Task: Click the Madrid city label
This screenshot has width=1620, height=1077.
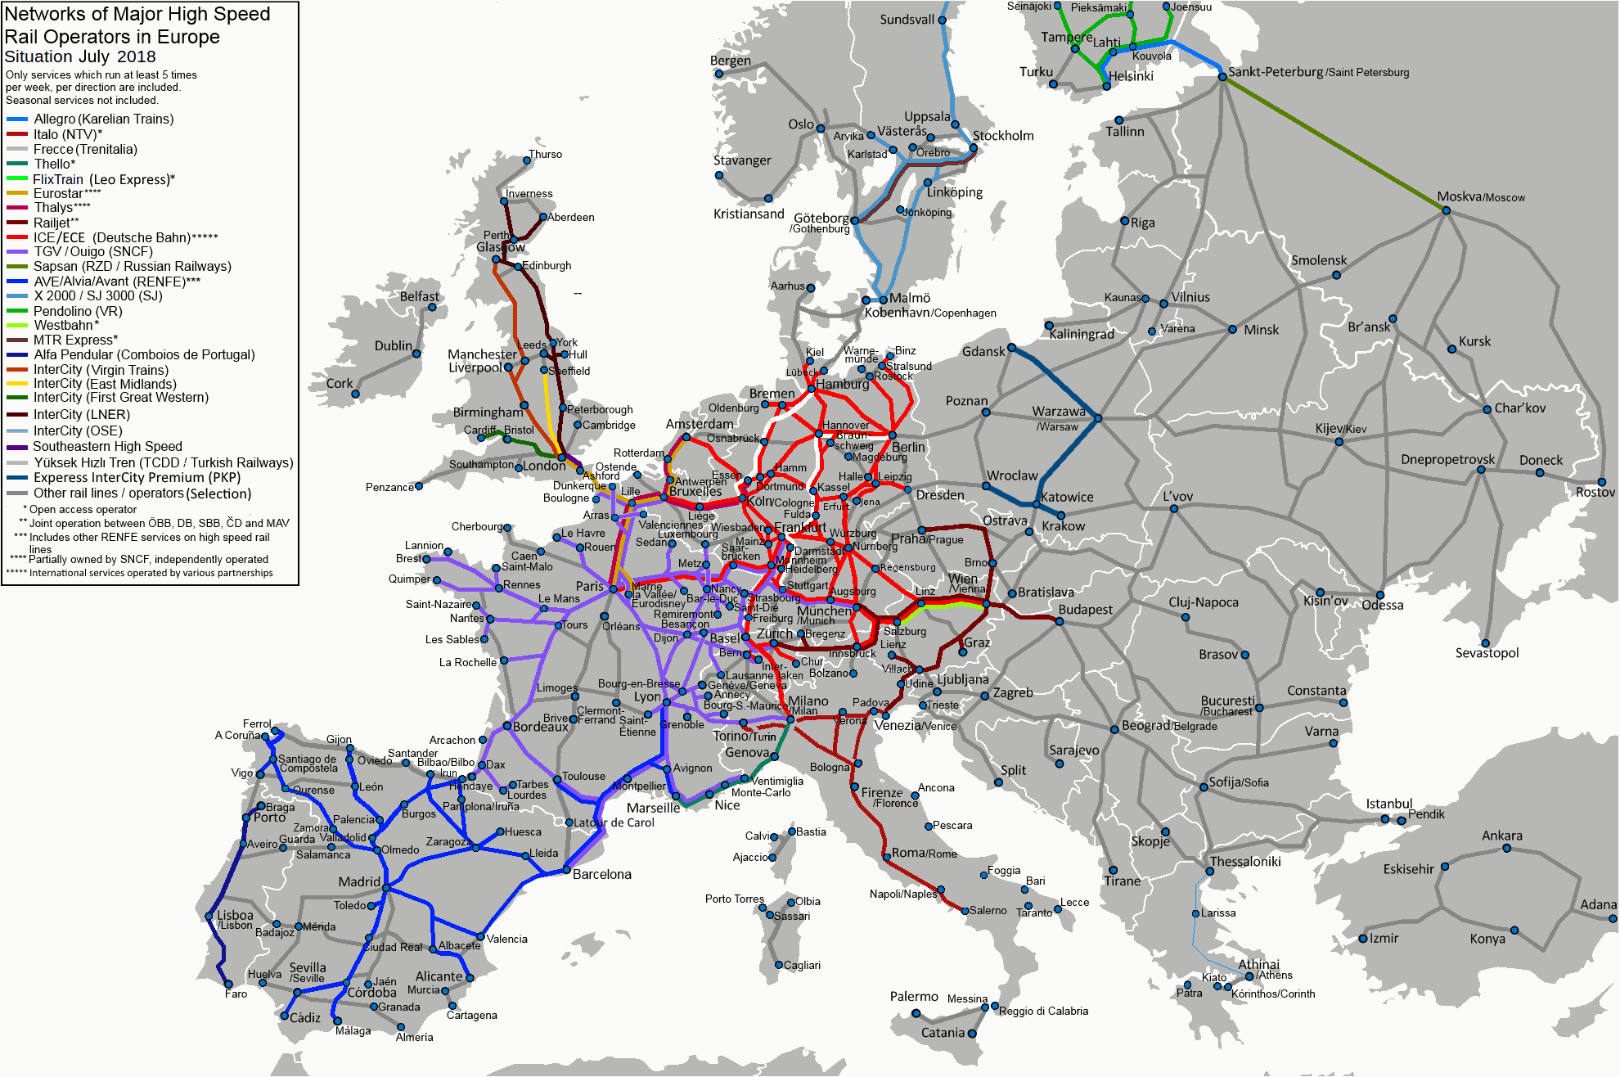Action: pyautogui.click(x=359, y=881)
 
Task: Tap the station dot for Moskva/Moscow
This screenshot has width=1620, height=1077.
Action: pyautogui.click(x=1446, y=210)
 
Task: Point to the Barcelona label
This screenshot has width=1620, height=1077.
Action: pyautogui.click(x=601, y=874)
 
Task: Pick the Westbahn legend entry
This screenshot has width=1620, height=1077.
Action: pyautogui.click(x=66, y=325)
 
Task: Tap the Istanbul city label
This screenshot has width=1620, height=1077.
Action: pyautogui.click(x=1388, y=804)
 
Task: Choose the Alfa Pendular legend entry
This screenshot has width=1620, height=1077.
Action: pyautogui.click(x=143, y=354)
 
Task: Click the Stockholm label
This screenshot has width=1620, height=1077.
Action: pyautogui.click(x=1002, y=136)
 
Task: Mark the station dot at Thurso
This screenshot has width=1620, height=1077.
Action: pyautogui.click(x=527, y=160)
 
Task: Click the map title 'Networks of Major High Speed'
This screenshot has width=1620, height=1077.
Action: pyautogui.click(x=137, y=14)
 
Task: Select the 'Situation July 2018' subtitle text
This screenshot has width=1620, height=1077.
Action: pyautogui.click(x=80, y=56)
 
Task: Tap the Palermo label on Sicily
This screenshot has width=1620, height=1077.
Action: pyautogui.click(x=913, y=996)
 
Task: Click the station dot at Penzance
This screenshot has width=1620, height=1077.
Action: pyautogui.click(x=419, y=486)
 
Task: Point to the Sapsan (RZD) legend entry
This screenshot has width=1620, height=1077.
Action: pyautogui.click(x=132, y=266)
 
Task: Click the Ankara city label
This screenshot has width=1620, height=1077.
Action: pyautogui.click(x=1501, y=836)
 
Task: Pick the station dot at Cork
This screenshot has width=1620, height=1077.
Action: pyautogui.click(x=355, y=394)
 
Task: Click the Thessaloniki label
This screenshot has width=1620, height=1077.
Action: pyautogui.click(x=1244, y=861)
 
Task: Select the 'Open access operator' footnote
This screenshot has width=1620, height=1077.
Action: pyautogui.click(x=83, y=509)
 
